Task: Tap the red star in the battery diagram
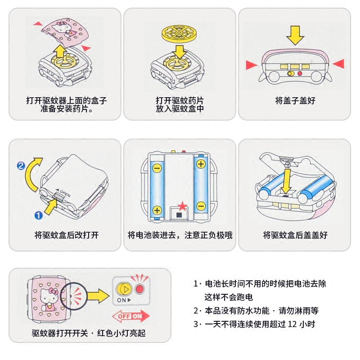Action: click(182, 206)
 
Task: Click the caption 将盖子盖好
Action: click(295, 101)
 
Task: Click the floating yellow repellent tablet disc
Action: click(180, 32)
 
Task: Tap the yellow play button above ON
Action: click(122, 288)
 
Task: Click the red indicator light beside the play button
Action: click(140, 288)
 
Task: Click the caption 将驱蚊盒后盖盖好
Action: click(295, 235)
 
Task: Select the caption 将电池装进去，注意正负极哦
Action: click(180, 235)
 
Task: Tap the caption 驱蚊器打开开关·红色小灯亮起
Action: click(89, 333)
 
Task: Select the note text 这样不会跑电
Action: click(229, 297)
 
